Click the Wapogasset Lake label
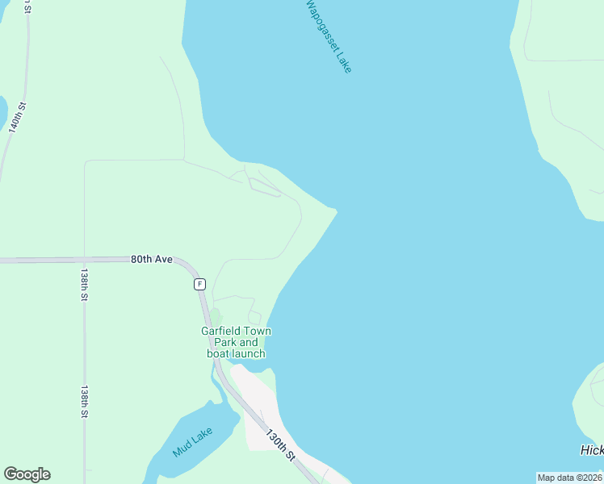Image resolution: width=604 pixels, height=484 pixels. [x=328, y=35]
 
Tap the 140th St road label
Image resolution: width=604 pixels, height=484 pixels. [x=18, y=116]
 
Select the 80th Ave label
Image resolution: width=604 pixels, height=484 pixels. [x=152, y=260]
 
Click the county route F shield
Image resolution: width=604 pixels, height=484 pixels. [x=199, y=284]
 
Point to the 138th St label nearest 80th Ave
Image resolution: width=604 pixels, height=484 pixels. [x=83, y=285]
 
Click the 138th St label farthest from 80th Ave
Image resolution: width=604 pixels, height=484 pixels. [x=83, y=401]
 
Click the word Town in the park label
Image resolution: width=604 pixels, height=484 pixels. [x=258, y=332]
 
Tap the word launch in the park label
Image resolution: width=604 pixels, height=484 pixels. [x=249, y=353]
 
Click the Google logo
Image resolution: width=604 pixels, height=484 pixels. [x=27, y=474]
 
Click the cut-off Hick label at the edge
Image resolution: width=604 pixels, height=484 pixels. [x=592, y=450]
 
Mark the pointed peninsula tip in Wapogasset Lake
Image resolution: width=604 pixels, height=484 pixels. [x=336, y=211]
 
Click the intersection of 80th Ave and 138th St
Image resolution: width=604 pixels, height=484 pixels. [x=84, y=260]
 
